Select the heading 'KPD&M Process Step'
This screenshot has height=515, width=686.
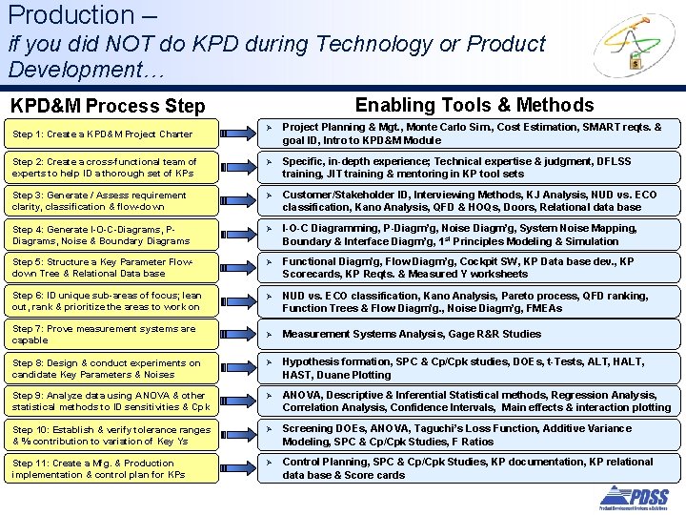(107, 106)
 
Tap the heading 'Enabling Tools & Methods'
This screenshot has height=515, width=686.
(474, 105)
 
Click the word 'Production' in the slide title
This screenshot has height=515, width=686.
(57, 15)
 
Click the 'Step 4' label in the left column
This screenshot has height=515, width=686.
(28, 229)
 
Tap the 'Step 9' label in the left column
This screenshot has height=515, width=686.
(28, 396)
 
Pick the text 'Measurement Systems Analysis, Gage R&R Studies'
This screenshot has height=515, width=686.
(412, 334)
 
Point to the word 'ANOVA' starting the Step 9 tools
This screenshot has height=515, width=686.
(302, 395)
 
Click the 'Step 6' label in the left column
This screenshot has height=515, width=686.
(28, 296)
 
